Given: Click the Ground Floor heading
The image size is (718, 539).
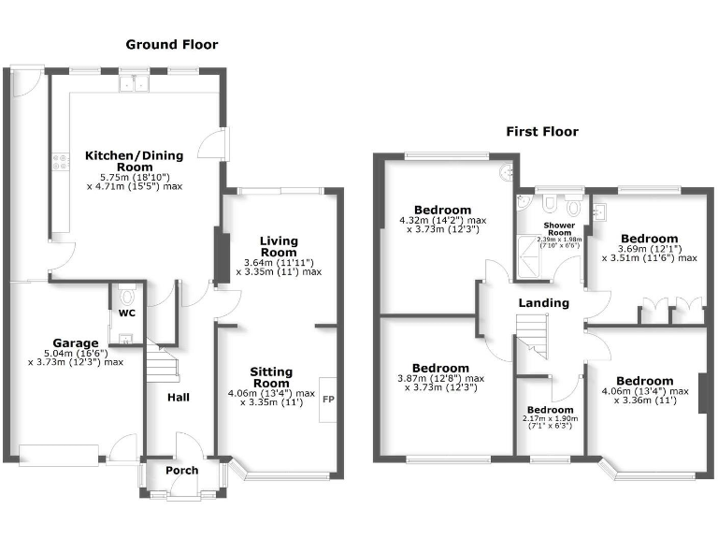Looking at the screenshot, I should [x=172, y=44].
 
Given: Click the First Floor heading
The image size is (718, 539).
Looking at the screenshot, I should [x=542, y=132].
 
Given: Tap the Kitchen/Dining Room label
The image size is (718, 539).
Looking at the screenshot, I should [x=135, y=160].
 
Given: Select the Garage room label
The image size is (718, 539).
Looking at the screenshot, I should [x=76, y=342].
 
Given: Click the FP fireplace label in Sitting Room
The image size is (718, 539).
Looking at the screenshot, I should [x=328, y=400].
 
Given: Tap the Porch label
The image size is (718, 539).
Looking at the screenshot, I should [x=181, y=470].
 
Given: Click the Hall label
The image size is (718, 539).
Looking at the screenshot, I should [x=179, y=398].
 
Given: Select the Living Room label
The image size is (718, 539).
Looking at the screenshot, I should [x=279, y=246].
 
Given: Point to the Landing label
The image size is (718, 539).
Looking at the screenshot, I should [x=544, y=303].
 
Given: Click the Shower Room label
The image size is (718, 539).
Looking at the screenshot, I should [x=558, y=228].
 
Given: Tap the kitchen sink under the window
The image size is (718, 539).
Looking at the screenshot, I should [x=136, y=85].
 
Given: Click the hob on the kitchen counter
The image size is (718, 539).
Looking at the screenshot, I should [x=63, y=166].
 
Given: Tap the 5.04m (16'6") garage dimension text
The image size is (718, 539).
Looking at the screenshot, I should [x=76, y=354].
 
